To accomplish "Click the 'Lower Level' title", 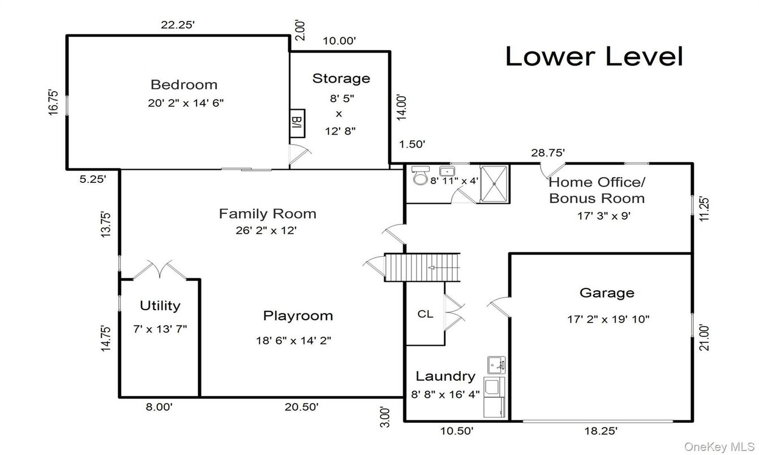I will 594,56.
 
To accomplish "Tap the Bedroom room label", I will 183,85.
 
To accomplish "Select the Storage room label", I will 341,78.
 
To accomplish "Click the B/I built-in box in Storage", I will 297,123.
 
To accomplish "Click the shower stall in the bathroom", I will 494,183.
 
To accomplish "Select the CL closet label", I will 425,314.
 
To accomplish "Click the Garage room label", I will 607,293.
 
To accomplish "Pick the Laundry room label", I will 445,376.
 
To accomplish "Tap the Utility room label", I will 160,306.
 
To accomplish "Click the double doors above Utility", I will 160,269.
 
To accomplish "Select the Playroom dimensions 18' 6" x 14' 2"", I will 293,340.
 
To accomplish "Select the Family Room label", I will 267,214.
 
